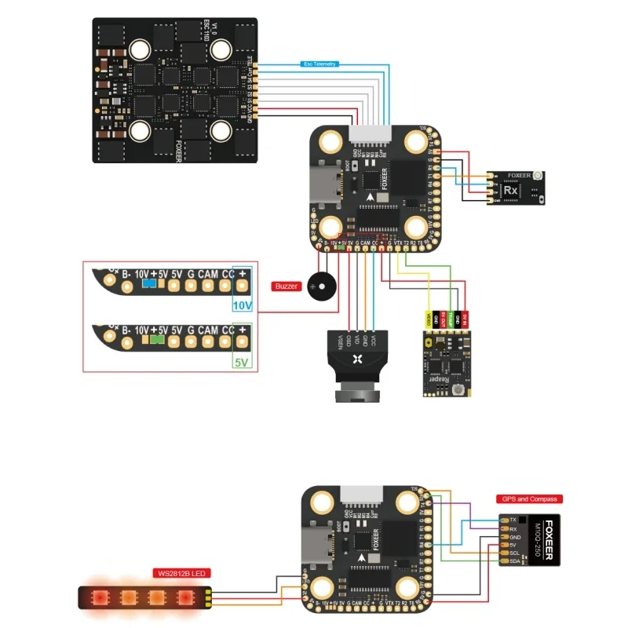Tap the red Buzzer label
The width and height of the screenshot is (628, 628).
click(x=287, y=287)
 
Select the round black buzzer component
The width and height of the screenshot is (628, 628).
click(x=319, y=286)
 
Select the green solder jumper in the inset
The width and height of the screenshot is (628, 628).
click(x=157, y=341)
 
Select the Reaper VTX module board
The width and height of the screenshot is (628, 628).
click(x=445, y=361)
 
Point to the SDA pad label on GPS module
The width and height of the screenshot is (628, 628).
click(x=514, y=561)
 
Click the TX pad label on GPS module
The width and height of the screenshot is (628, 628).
click(x=513, y=520)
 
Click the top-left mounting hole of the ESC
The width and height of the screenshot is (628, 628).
click(x=141, y=49)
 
